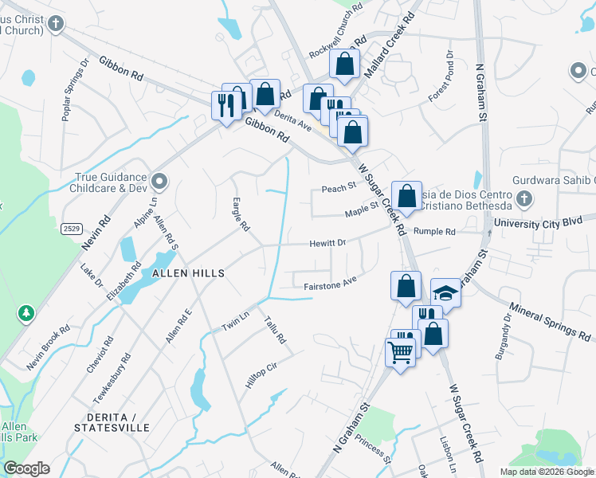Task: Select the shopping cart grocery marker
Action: point(400,350)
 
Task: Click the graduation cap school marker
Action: point(445,294)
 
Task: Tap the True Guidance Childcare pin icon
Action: point(159,182)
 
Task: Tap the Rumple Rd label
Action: point(434,232)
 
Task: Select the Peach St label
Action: point(338,189)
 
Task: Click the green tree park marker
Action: point(26,313)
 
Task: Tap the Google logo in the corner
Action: point(26,468)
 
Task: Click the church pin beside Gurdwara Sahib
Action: point(523,198)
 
